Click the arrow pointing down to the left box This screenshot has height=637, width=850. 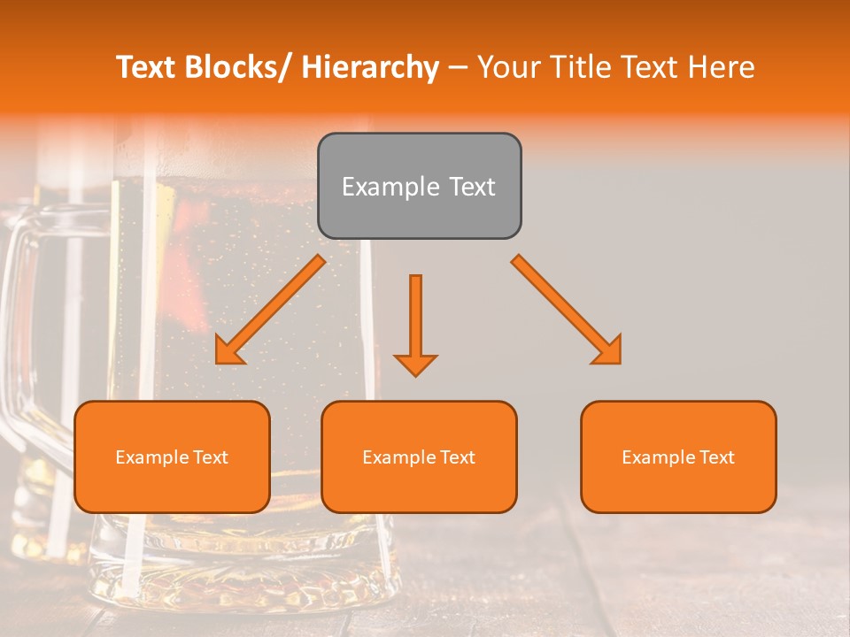click(270, 311)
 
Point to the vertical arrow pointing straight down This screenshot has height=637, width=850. click(415, 324)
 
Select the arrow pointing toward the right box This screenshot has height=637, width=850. click(567, 310)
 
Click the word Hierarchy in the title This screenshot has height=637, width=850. click(370, 67)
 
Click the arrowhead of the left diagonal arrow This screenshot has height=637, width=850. click(229, 350)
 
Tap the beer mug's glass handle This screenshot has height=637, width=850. click(22, 336)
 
